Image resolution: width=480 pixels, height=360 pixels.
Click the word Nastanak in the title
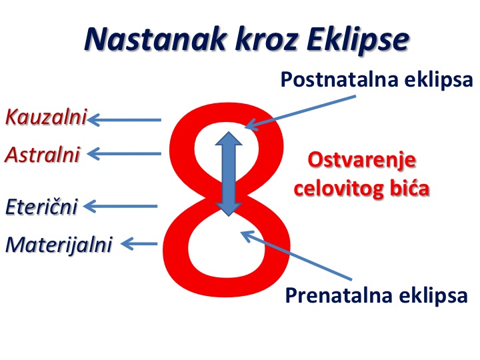tap(155, 39)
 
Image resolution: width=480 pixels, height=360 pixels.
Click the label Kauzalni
tap(46, 117)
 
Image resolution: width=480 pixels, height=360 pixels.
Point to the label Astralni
tap(42, 154)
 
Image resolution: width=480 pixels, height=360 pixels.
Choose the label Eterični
tap(41, 206)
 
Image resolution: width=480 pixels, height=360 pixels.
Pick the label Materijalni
tap(59, 245)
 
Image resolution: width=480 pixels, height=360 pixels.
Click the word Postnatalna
tap(339, 80)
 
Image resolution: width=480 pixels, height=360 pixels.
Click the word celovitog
tap(339, 187)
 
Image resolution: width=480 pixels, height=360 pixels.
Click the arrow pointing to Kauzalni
tap(124, 120)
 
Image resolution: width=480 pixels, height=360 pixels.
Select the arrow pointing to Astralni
tap(124, 154)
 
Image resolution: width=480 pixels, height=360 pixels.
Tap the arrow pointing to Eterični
tap(120, 206)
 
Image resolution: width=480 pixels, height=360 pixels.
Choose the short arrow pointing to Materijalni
tap(139, 244)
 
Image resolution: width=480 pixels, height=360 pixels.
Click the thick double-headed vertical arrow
tap(229, 174)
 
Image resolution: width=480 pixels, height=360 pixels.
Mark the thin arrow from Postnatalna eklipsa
tap(301, 113)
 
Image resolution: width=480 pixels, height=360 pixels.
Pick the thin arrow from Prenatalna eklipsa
tap(296, 255)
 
